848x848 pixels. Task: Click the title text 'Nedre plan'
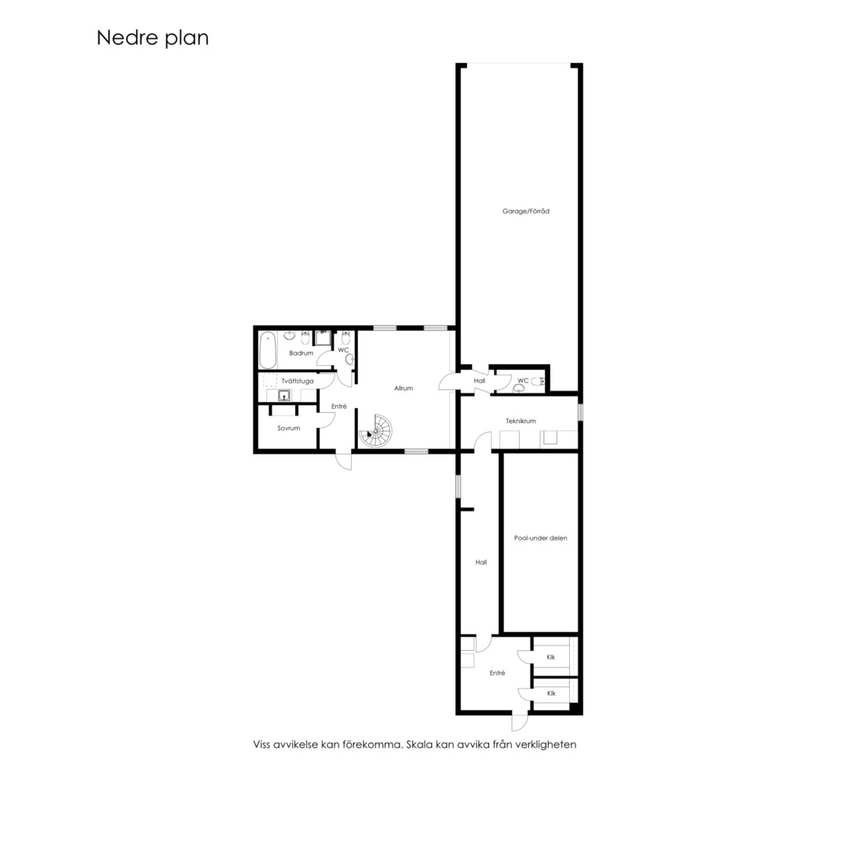pyautogui.click(x=152, y=38)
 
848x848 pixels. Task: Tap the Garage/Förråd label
pyautogui.click(x=525, y=211)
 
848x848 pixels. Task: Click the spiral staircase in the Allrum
pyautogui.click(x=376, y=431)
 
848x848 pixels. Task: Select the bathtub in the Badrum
pyautogui.click(x=267, y=350)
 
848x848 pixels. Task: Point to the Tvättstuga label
pyautogui.click(x=298, y=381)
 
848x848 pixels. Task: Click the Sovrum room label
pyautogui.click(x=289, y=429)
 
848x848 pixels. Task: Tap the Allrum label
pyautogui.click(x=404, y=389)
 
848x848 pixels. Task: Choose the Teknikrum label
pyautogui.click(x=521, y=421)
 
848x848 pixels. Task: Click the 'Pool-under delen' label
pyautogui.click(x=541, y=538)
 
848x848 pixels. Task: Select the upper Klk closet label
pyautogui.click(x=551, y=657)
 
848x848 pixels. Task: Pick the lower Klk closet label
pyautogui.click(x=551, y=693)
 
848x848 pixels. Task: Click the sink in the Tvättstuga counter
pyautogui.click(x=284, y=395)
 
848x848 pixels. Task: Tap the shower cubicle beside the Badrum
pyautogui.click(x=323, y=338)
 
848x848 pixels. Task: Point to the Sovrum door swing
pyautogui.click(x=326, y=421)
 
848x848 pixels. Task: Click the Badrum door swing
pyautogui.click(x=324, y=360)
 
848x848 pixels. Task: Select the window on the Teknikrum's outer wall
pyautogui.click(x=580, y=412)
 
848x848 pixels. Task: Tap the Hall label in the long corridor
pyautogui.click(x=481, y=562)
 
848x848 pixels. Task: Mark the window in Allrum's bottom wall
pyautogui.click(x=416, y=451)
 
